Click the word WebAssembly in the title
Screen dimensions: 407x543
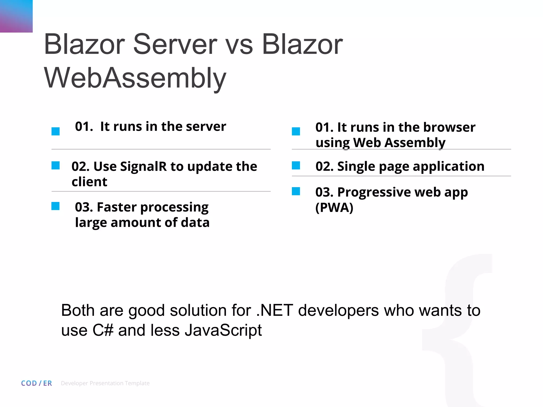point(135,78)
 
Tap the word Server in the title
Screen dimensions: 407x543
point(175,44)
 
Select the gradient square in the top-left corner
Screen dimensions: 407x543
point(16,16)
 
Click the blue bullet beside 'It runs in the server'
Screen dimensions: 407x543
point(56,131)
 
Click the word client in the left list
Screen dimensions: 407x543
point(89,182)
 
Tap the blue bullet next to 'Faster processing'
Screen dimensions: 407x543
point(55,206)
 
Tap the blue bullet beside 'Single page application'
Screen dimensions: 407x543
point(296,166)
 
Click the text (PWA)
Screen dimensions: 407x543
point(334,207)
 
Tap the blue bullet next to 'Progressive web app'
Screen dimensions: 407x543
point(296,191)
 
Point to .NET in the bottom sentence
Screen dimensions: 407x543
point(275,310)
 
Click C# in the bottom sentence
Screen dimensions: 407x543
point(103,330)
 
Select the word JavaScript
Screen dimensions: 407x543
point(223,331)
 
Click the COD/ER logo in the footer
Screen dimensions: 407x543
point(37,383)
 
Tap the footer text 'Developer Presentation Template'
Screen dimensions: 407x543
point(105,383)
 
